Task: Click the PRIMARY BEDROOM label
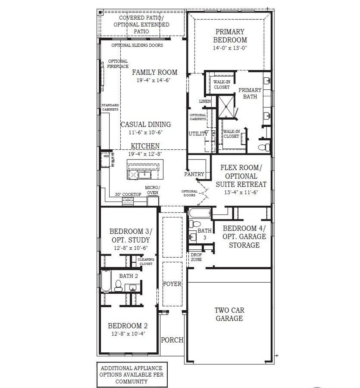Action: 230,36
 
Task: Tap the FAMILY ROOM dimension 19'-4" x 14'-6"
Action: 154,80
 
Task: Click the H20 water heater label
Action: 106,156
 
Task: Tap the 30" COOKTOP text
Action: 128,194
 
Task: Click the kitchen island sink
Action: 145,175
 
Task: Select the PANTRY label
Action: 194,174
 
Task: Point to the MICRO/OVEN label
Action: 153,190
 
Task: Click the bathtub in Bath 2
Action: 106,281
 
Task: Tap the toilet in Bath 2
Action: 118,286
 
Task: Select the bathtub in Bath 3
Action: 200,213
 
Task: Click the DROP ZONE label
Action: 196,257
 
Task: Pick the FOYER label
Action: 172,284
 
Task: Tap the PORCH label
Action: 172,340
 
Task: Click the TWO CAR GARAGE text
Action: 229,314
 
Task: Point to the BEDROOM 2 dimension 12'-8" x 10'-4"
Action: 128,333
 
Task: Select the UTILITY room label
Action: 198,134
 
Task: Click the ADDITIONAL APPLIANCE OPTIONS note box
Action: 132,375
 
